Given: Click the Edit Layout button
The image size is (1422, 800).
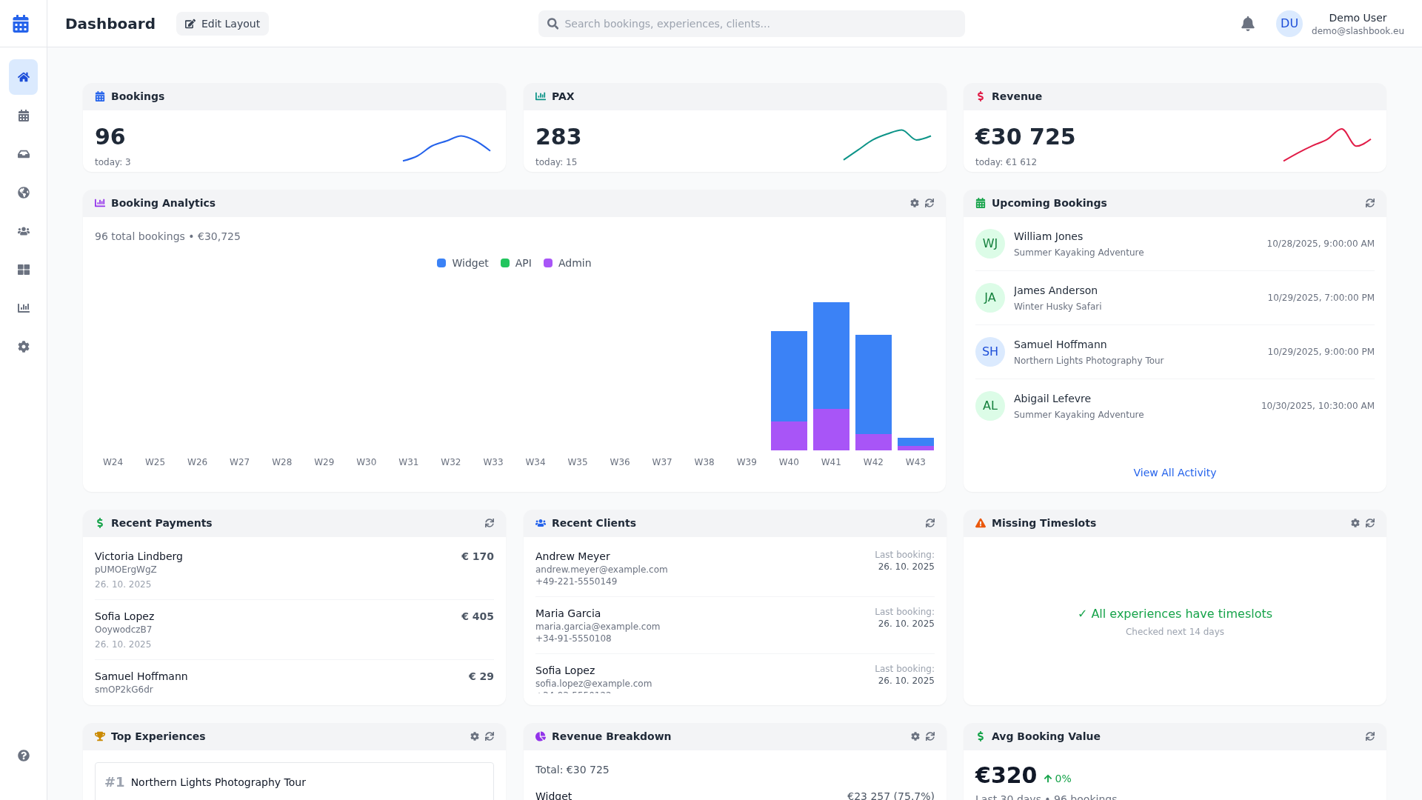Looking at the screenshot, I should [222, 24].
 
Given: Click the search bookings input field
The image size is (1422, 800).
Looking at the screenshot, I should [751, 24].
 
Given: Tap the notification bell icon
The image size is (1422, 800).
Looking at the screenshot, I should [1248, 24].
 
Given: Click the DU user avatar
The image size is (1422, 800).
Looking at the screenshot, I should [1289, 24].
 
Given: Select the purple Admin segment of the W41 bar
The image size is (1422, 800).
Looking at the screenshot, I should [831, 429].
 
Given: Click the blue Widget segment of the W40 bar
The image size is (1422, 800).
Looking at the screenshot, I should [789, 376].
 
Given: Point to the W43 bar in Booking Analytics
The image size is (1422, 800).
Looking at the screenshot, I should [915, 443].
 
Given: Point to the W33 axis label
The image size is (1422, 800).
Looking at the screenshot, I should [493, 462].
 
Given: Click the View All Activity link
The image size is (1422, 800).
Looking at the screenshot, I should [1174, 473].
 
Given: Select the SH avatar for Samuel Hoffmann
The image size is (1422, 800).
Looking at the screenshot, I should [989, 352].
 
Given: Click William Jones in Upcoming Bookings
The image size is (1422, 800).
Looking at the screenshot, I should [1047, 236].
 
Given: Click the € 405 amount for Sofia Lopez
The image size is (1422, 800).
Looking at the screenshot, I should [477, 616].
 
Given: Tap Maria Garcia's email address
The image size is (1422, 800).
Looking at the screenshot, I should [597, 627].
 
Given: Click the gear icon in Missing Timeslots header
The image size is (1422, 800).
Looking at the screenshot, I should [1355, 523].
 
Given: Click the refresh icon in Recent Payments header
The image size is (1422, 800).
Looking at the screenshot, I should [490, 523].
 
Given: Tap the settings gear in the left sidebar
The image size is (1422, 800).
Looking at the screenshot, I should [24, 347].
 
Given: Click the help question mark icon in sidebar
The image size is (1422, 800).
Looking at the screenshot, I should [24, 756].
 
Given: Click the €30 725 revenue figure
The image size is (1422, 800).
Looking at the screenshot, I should [1025, 137].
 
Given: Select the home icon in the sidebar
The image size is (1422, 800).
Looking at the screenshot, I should [24, 77].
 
